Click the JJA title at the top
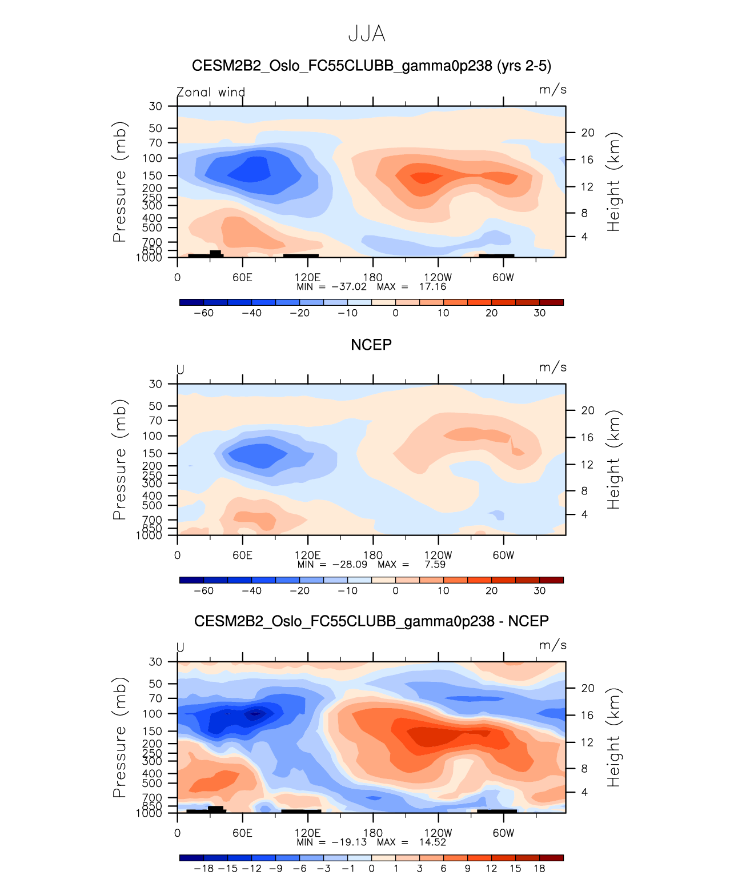click(x=367, y=34)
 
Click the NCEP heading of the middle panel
click(x=371, y=345)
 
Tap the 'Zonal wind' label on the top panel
click(x=211, y=92)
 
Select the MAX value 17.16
click(x=432, y=286)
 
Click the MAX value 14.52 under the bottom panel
click(x=432, y=842)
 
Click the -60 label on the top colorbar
click(x=203, y=313)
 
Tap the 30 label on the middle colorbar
click(x=540, y=590)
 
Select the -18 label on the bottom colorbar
click(x=203, y=868)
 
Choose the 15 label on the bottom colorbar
click(x=516, y=868)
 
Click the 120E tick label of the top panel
click(x=308, y=277)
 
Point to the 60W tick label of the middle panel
click(x=503, y=555)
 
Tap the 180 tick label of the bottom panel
click(x=373, y=833)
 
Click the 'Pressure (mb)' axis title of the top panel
click(x=119, y=182)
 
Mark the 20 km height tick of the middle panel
click(x=588, y=410)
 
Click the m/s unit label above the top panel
click(x=552, y=90)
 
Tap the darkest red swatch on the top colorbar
click(x=551, y=302)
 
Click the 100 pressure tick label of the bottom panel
click(x=153, y=713)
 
